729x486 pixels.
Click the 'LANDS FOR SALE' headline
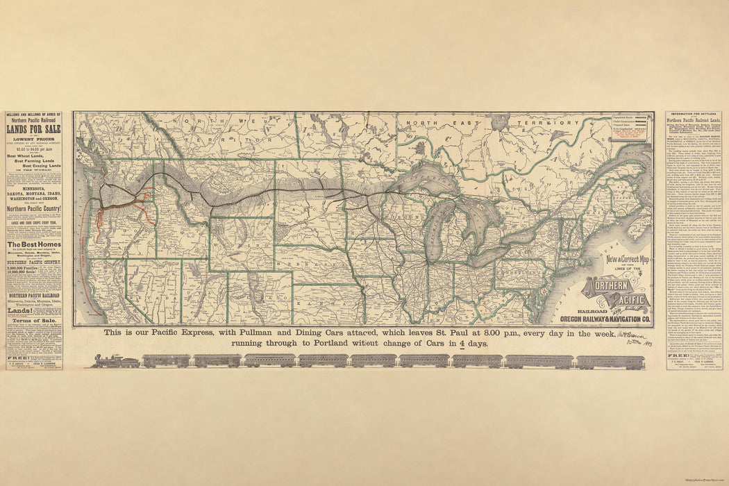coord(33,128)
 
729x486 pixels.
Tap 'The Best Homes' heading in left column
coord(33,244)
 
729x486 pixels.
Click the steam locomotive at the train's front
coord(115,361)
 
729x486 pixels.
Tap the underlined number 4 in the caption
coord(459,344)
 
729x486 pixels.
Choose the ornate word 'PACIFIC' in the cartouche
coord(626,300)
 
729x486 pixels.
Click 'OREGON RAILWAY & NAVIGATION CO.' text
coord(605,319)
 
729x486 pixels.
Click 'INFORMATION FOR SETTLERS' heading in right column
coord(694,115)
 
